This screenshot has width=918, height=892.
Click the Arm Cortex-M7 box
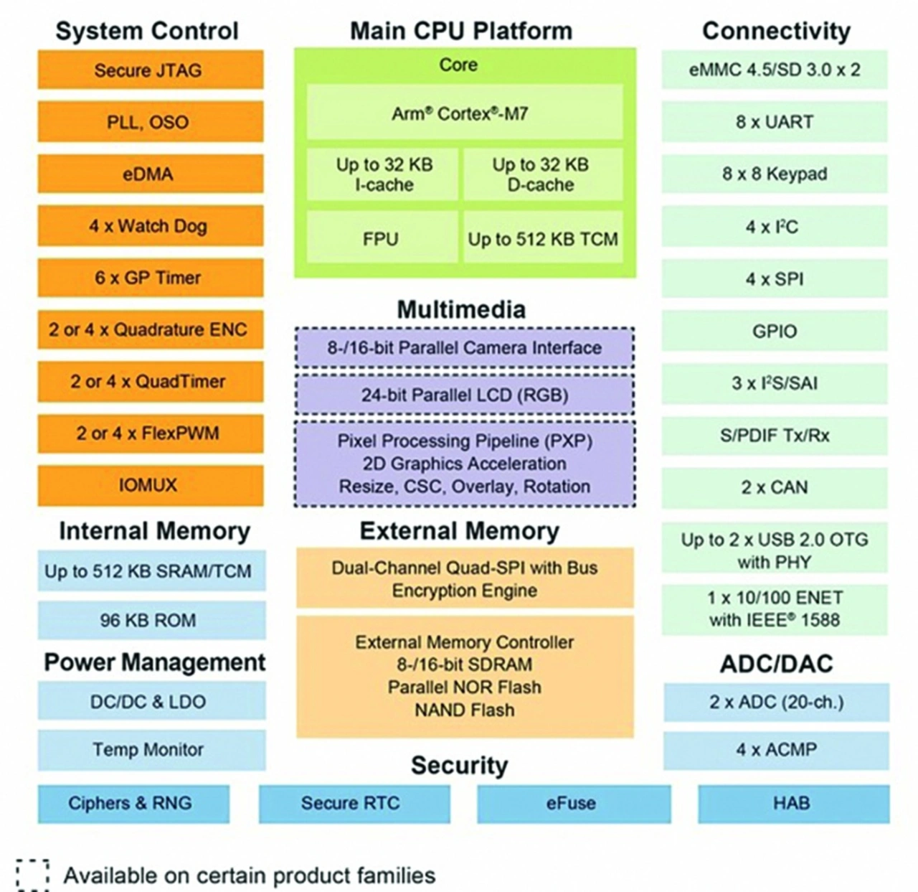pos(464,113)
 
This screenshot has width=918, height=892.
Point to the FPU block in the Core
pos(382,239)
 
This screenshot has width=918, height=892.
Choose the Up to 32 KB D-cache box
pos(542,174)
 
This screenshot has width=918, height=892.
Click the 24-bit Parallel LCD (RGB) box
pos(464,395)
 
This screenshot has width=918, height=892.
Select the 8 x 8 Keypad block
pos(774,174)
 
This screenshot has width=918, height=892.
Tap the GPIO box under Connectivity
pos(774,332)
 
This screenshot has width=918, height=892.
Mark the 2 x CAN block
pos(774,487)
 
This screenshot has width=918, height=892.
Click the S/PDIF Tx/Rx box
pos(774,436)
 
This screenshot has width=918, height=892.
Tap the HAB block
pos(793,803)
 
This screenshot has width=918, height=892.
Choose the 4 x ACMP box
pos(776,750)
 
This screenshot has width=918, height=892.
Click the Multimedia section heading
pos(461,309)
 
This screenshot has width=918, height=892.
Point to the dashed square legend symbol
pos(32,875)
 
